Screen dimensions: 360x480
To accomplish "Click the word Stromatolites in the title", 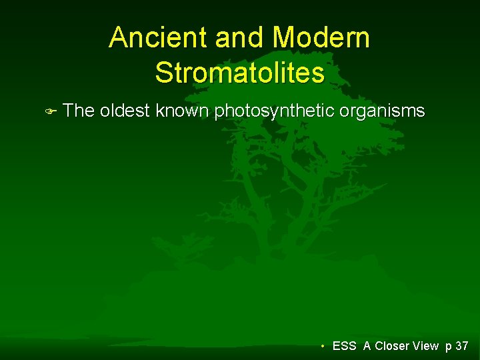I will [239, 72].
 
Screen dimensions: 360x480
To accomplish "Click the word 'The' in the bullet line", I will [79, 111].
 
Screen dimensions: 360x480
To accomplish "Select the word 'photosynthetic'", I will [274, 111].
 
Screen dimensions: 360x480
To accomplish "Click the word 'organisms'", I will [382, 111].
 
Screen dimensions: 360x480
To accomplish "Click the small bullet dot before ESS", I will [323, 346].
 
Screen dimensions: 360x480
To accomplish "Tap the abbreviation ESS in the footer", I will [344, 346].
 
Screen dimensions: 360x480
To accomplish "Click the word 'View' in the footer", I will [426, 346].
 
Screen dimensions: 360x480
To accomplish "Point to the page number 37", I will [461, 346].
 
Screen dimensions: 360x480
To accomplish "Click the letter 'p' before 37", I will [448, 347].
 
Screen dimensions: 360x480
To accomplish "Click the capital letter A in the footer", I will [367, 346].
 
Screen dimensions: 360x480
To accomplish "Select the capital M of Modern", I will [285, 38].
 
